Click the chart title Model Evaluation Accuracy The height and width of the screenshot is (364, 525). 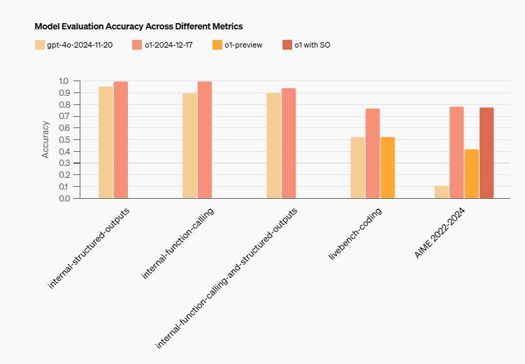pos(138,26)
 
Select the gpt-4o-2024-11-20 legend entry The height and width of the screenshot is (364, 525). pos(77,45)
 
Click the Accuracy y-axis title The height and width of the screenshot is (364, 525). pos(46,139)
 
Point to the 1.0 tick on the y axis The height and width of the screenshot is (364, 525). pos(64,81)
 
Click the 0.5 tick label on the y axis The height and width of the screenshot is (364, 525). pos(64,140)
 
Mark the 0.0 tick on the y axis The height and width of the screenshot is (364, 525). pos(64,198)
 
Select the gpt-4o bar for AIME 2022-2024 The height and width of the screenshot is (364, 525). pos(441,192)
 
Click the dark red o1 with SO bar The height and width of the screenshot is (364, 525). pos(487,153)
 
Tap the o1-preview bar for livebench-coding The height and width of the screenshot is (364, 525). pos(387,167)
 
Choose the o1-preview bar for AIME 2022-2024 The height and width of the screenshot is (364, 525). pos(471,174)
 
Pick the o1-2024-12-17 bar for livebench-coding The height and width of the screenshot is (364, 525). pos(373,153)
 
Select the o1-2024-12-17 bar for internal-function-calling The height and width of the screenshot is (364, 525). pos(205,140)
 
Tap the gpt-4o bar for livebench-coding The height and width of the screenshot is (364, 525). pos(357,167)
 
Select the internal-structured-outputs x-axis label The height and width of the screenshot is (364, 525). pos(89,247)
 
